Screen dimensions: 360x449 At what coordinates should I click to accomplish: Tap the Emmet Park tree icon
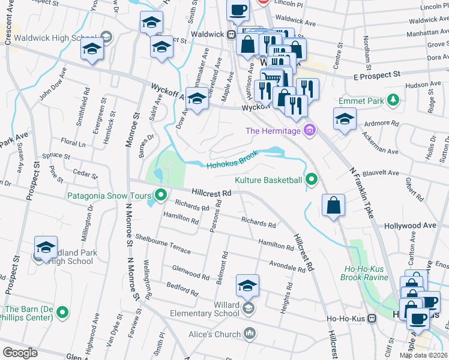(393, 101)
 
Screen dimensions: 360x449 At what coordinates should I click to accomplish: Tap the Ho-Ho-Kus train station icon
(372, 318)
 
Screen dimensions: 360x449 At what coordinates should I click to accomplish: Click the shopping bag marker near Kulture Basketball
(333, 205)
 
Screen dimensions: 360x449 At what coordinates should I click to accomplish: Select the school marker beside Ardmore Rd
(345, 120)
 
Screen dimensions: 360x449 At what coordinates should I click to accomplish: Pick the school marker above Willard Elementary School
(247, 287)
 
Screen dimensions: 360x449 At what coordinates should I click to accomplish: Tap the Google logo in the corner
(20, 353)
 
